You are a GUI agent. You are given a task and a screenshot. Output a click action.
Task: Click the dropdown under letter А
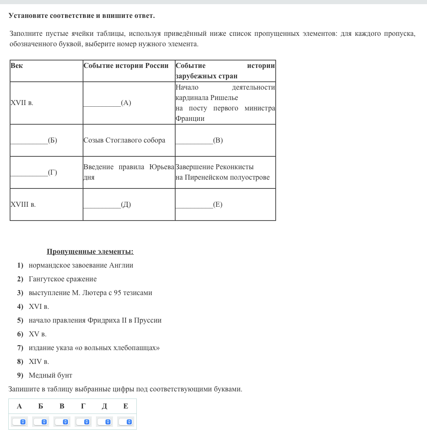pos(19,422)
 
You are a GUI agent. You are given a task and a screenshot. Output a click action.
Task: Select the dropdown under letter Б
pos(40,422)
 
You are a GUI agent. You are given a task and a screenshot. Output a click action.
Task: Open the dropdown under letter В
pos(62,422)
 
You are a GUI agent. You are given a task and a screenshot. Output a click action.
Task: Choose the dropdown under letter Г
pos(83,422)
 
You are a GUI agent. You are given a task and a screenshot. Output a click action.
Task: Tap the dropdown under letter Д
pos(104,422)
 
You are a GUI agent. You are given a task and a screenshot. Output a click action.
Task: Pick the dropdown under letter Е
pos(126,422)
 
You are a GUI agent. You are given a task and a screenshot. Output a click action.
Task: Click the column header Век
pos(17,66)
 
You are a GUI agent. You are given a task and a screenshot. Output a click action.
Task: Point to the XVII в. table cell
pos(22,103)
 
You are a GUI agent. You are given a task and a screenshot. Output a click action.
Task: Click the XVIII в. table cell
pos(23,205)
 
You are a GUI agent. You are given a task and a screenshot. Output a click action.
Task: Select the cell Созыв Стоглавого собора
pos(124,140)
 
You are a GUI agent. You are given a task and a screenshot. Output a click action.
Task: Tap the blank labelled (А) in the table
pos(107,103)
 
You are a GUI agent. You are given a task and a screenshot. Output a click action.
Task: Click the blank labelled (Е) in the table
pos(199,205)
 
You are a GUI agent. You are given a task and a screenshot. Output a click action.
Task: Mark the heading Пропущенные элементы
pos(90,252)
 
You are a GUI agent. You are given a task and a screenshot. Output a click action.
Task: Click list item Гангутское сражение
pos(63,279)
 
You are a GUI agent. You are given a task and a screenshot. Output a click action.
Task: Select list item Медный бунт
pos(50,376)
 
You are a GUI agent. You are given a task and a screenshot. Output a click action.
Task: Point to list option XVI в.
pos(39,307)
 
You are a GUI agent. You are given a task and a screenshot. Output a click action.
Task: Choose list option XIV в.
pos(39,362)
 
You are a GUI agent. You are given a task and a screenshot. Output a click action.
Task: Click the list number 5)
pos(20,321)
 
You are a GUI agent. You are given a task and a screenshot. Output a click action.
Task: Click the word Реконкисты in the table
pos(234,167)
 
